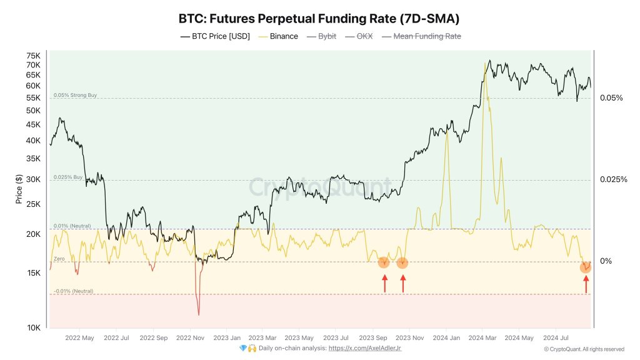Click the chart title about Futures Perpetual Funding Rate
pos(319,18)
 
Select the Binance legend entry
pos(278,36)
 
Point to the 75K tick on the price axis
pos(32,56)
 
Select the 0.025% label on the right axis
pos(612,180)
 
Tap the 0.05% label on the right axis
pos(611,98)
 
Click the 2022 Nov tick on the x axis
pos(191,337)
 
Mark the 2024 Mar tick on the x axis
pos(482,337)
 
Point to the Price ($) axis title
pos(19,189)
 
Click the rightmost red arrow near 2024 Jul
pos(586,285)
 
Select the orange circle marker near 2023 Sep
pos(384,262)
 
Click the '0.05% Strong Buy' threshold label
pos(75,95)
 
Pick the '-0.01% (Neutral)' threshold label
pos(73,291)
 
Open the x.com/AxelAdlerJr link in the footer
pos(366,348)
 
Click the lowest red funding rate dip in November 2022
pos(198,314)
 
